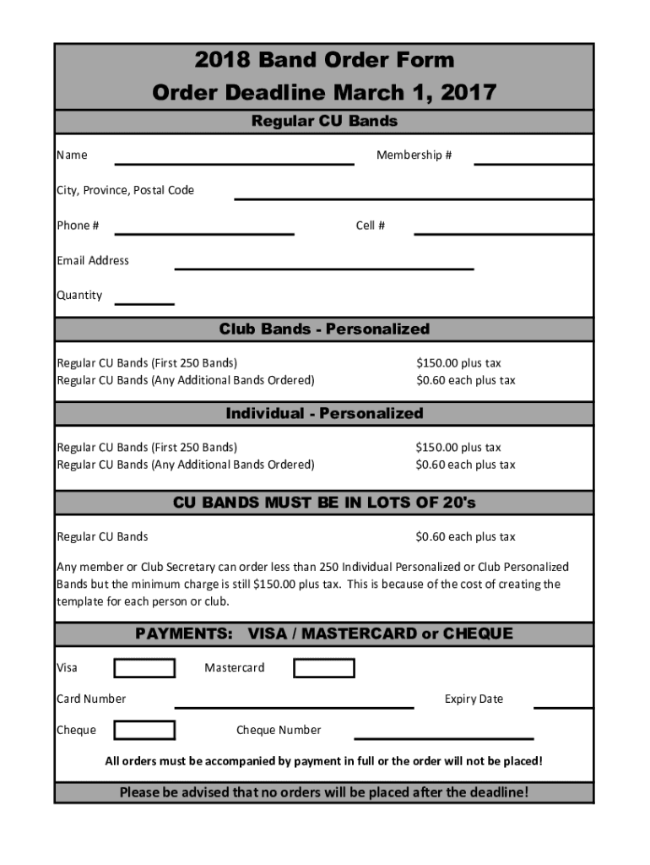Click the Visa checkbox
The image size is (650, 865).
[144, 668]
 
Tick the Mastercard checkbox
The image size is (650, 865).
[323, 668]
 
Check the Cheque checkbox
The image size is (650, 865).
[144, 731]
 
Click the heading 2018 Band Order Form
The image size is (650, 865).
[324, 60]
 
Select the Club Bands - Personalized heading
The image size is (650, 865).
[324, 329]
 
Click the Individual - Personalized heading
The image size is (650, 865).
[324, 414]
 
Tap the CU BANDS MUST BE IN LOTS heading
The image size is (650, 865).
[324, 503]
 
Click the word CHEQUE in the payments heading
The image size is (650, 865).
[478, 634]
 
